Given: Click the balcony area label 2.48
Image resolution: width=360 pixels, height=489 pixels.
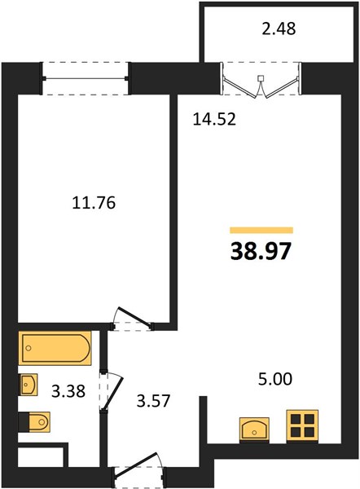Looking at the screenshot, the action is pyautogui.click(x=279, y=29).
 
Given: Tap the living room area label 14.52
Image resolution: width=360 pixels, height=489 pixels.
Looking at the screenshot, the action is pyautogui.click(x=214, y=119).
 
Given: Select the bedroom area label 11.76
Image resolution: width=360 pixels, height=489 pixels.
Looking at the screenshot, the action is pyautogui.click(x=94, y=203).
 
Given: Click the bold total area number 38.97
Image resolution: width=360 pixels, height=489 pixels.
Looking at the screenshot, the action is pyautogui.click(x=261, y=251).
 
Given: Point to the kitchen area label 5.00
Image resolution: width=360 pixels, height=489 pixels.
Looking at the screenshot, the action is pyautogui.click(x=275, y=379).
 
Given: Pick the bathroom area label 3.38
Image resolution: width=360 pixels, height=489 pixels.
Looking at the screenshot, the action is pyautogui.click(x=68, y=391).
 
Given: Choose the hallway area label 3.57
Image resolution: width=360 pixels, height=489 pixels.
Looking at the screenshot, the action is pyautogui.click(x=153, y=400).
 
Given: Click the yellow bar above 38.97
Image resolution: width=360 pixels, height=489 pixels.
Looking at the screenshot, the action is pyautogui.click(x=261, y=230).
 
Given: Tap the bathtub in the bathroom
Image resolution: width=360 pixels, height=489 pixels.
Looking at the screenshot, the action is pyautogui.click(x=55, y=348).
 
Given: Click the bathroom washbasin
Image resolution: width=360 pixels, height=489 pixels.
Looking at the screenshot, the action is pyautogui.click(x=29, y=385).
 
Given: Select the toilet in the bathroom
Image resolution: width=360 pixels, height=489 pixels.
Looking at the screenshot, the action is pyautogui.click(x=34, y=422).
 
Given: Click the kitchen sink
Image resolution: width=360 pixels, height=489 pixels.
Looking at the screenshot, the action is pyautogui.click(x=254, y=430).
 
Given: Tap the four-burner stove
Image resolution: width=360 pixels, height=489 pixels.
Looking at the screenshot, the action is pyautogui.click(x=302, y=426).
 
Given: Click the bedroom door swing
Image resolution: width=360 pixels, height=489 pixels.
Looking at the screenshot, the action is pyautogui.click(x=133, y=318).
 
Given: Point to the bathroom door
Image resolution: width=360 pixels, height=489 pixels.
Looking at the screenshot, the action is pyautogui.click(x=112, y=390).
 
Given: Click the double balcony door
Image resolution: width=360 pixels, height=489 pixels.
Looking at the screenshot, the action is pyautogui.click(x=261, y=80).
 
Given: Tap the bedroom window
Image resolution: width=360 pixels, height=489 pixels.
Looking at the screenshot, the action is pyautogui.click(x=86, y=78).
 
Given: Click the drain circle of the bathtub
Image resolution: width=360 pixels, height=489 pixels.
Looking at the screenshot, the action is pyautogui.click(x=29, y=348).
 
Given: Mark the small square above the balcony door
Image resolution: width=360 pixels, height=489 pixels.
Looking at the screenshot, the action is pyautogui.click(x=261, y=78).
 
